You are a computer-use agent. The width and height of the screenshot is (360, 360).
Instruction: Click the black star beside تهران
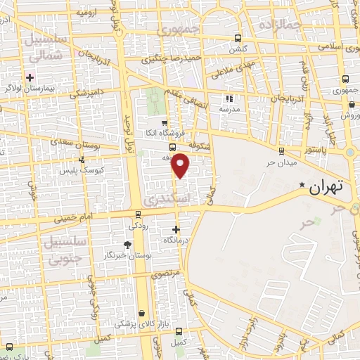(302, 185)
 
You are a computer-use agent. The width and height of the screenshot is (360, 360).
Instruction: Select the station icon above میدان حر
(281, 150)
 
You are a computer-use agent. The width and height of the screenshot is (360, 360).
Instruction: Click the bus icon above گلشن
(238, 39)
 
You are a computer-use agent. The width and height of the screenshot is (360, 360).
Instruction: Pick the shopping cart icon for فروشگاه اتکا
(163, 122)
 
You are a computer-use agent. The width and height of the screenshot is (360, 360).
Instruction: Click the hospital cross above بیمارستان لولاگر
(30, 77)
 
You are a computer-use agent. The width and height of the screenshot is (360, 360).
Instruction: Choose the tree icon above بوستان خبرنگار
(127, 244)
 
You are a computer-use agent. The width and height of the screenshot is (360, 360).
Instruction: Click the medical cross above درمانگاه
(176, 230)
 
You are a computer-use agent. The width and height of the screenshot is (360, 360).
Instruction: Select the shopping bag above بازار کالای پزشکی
(142, 313)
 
